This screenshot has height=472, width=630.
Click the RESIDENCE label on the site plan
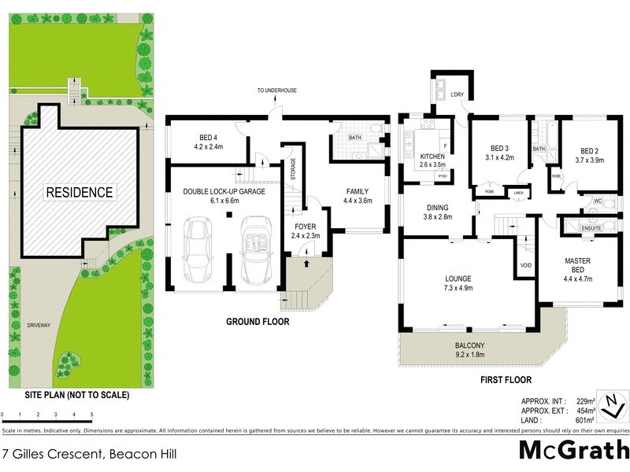79,192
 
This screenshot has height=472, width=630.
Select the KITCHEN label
432,157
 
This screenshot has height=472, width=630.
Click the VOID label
526,266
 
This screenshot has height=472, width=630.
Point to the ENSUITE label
591,228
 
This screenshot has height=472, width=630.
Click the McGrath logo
573,450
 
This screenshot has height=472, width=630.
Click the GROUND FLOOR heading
258,322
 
